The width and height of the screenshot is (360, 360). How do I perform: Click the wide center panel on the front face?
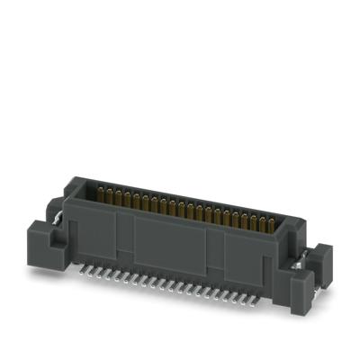point(171,245)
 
